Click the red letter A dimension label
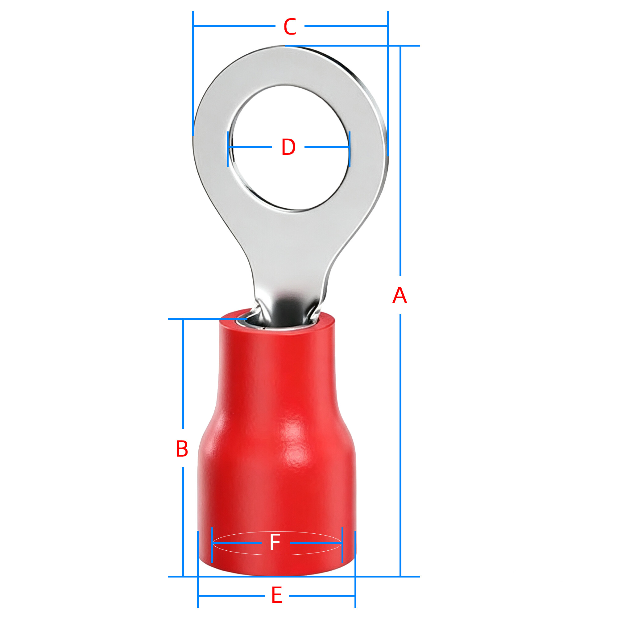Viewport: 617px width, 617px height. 400,296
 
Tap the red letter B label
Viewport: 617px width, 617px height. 182,449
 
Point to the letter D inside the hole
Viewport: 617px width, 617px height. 288,147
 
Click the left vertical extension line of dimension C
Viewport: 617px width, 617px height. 193,73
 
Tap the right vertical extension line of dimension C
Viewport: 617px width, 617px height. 388,84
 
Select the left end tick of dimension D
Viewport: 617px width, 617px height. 228,149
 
